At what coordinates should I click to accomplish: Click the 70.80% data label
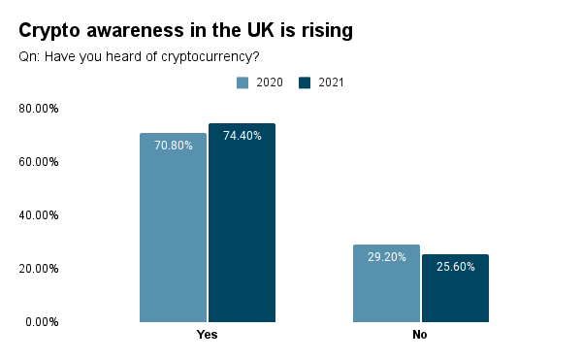173,146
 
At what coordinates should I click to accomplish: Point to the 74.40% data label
242,136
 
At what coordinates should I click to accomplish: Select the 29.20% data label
386,257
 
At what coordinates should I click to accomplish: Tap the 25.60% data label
455,267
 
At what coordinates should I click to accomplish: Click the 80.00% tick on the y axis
39,109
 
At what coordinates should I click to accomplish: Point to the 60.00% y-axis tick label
39,162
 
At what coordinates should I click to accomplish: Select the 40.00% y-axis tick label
39,215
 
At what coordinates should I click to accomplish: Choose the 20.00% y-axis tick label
39,269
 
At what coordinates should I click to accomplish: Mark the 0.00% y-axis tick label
42,322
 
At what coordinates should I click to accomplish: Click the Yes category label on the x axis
207,335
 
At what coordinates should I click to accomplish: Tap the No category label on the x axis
419,335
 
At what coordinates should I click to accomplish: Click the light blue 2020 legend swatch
242,82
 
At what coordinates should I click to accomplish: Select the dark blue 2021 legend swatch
305,82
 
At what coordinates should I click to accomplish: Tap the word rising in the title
325,31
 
